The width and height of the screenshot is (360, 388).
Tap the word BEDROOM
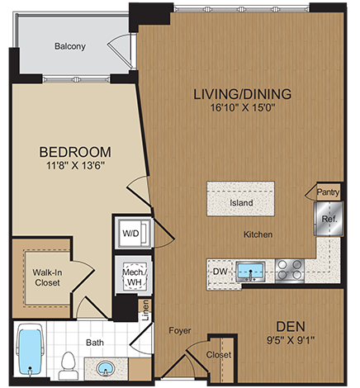[76, 153]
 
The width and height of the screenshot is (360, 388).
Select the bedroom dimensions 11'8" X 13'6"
[75, 168]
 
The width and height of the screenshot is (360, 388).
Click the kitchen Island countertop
[241, 201]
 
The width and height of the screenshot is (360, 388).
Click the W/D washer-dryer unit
[131, 234]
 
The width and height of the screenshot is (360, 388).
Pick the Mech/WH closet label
[132, 277]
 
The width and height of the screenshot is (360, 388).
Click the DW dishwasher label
[220, 269]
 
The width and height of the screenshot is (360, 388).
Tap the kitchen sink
[248, 269]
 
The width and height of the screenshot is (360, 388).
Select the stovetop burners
[289, 269]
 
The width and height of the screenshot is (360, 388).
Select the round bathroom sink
[105, 366]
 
